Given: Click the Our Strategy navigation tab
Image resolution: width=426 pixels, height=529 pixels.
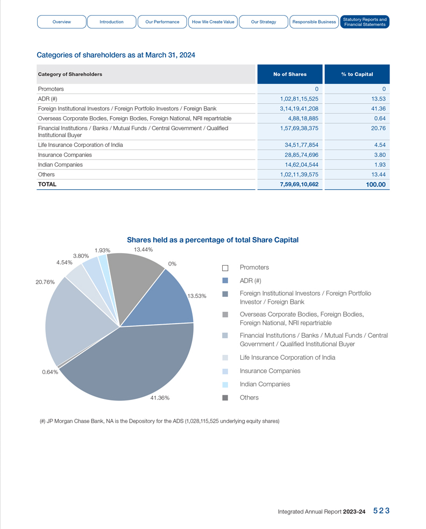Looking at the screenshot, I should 264,22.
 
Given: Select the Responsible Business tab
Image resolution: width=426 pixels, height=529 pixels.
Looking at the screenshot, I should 314,22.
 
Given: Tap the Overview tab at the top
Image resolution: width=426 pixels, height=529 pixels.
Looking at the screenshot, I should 62,22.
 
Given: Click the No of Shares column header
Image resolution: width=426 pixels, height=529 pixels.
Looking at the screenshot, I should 289,74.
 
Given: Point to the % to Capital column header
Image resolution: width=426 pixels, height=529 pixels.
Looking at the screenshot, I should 357,74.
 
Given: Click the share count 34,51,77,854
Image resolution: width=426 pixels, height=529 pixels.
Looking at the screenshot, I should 301,145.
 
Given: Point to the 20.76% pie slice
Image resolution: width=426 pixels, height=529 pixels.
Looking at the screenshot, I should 75,323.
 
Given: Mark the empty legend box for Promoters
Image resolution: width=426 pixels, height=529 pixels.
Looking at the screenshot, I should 225,268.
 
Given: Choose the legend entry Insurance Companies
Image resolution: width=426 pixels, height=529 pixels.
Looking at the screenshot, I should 270,371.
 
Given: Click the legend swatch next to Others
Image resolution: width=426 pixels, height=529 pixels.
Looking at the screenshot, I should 225,398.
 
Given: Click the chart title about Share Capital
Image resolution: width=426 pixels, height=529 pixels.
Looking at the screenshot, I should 212,240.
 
